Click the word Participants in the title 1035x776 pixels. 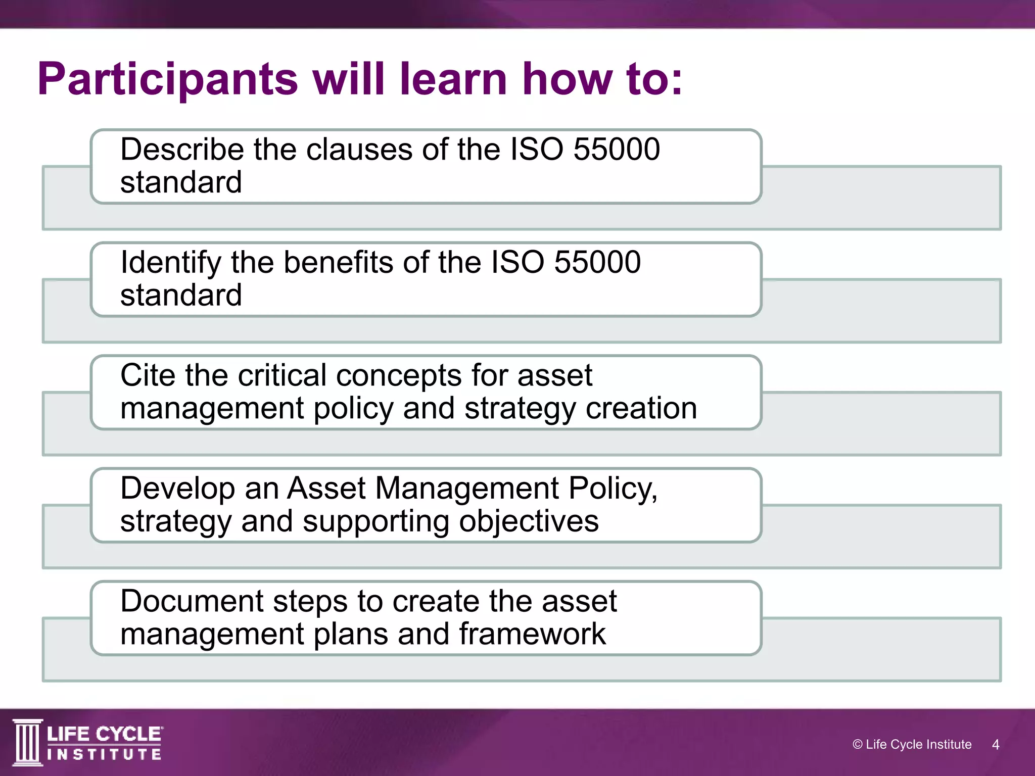pyautogui.click(x=168, y=80)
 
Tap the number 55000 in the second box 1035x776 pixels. pyautogui.click(x=597, y=263)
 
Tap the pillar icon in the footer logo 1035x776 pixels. pyautogui.click(x=28, y=742)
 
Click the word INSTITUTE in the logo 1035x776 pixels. pyautogui.click(x=105, y=755)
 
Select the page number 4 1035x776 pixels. pyautogui.click(x=995, y=745)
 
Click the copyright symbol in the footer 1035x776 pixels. pyautogui.click(x=857, y=745)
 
